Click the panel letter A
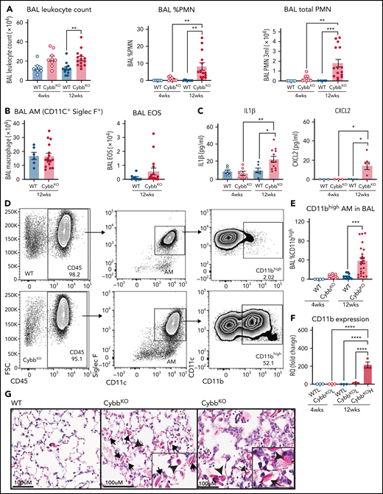(x=6, y=7)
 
